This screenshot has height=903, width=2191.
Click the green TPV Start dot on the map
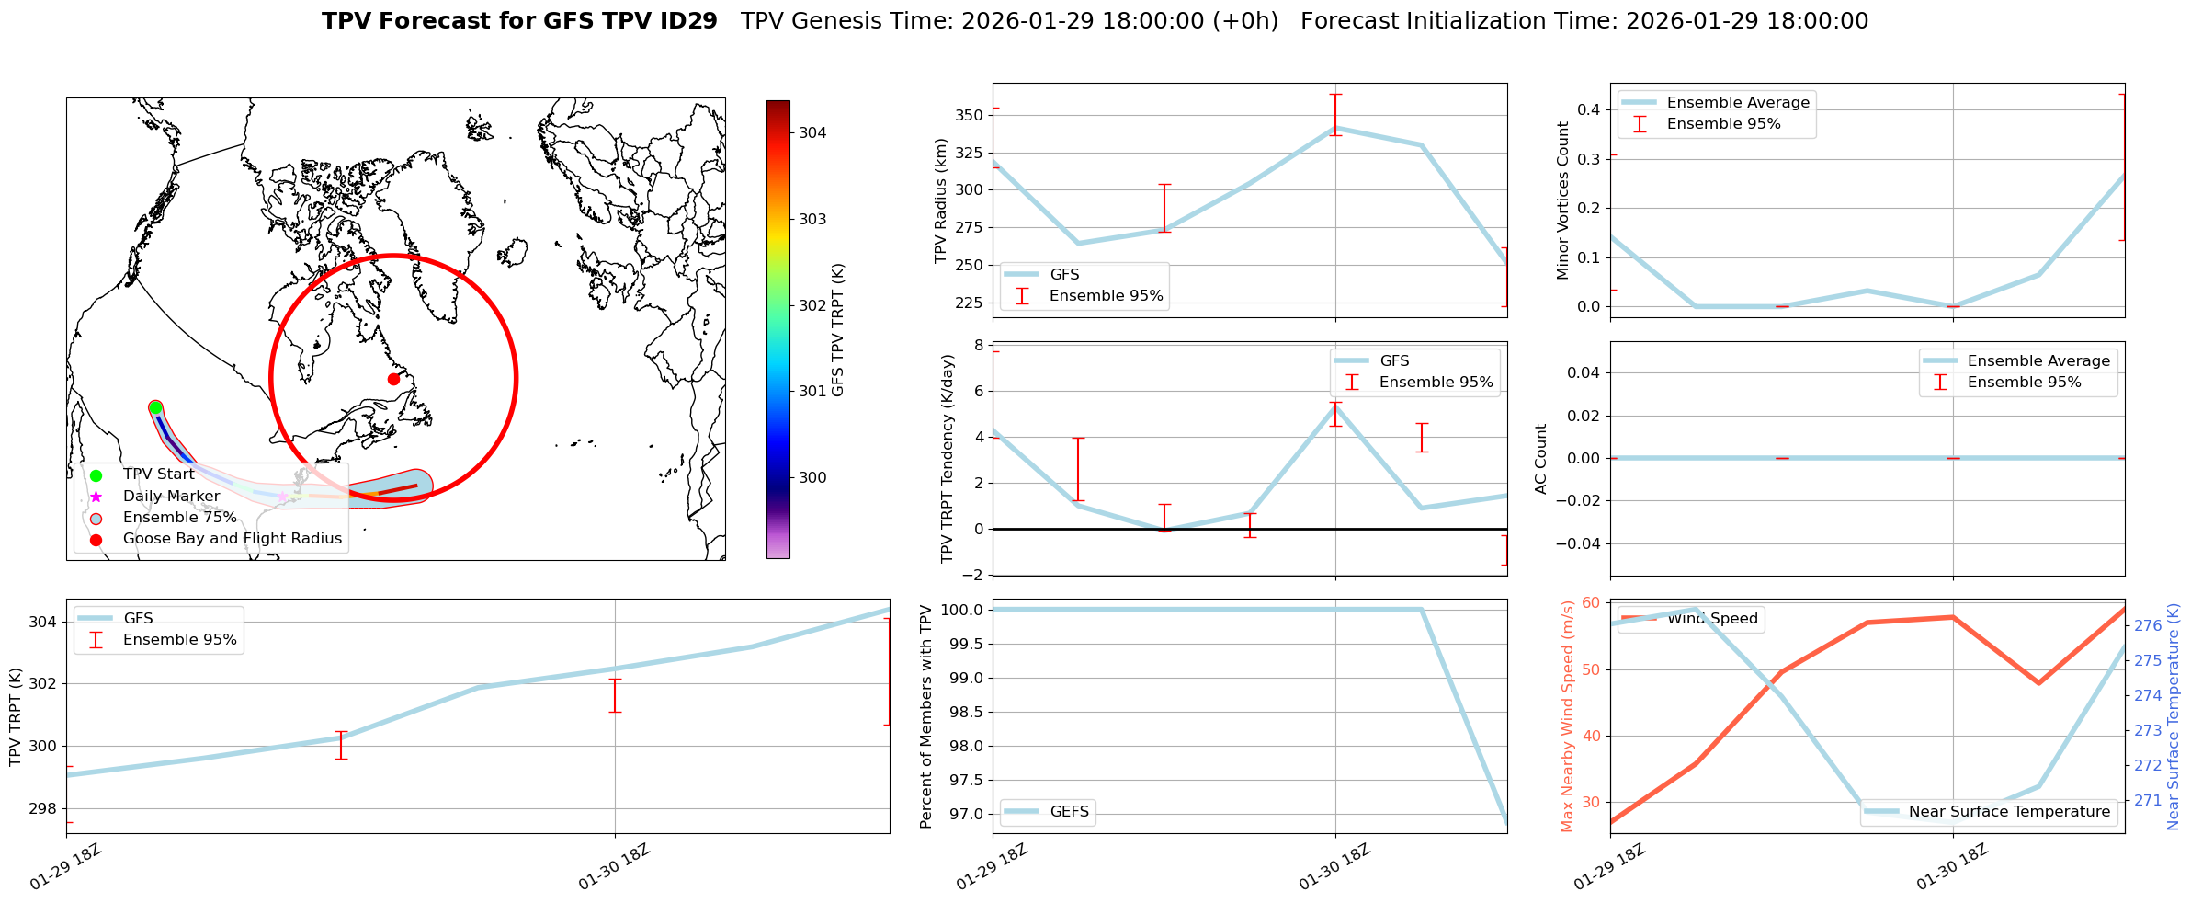(x=155, y=407)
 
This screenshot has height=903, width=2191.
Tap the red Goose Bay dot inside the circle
(x=393, y=379)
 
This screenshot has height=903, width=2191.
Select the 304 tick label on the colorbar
(x=812, y=132)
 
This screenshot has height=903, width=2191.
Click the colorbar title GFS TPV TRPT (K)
(x=837, y=330)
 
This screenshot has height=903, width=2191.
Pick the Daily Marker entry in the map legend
(x=171, y=496)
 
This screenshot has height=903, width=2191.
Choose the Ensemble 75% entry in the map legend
(x=179, y=517)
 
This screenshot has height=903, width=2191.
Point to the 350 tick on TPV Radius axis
(x=971, y=115)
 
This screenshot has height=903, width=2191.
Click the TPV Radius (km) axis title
(x=940, y=200)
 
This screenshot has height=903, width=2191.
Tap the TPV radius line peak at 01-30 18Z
(x=1335, y=128)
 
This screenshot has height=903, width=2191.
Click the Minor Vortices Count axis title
(x=1562, y=200)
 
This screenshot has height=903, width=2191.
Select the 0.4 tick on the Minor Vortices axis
(x=1588, y=109)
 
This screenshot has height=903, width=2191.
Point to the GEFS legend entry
(x=1069, y=811)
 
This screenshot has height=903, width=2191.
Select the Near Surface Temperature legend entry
(x=2009, y=811)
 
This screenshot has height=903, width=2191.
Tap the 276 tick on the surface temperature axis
(x=2148, y=625)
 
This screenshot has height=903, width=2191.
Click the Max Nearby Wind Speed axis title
(x=1567, y=716)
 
